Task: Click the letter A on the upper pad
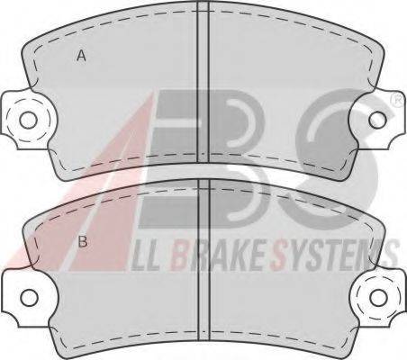81,56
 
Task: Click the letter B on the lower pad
83,241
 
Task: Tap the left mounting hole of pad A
28,120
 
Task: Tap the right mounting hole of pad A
377,120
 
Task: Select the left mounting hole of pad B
29,298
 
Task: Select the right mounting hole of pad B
378,297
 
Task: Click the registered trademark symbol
398,99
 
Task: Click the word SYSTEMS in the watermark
335,255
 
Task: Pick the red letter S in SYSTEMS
278,256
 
